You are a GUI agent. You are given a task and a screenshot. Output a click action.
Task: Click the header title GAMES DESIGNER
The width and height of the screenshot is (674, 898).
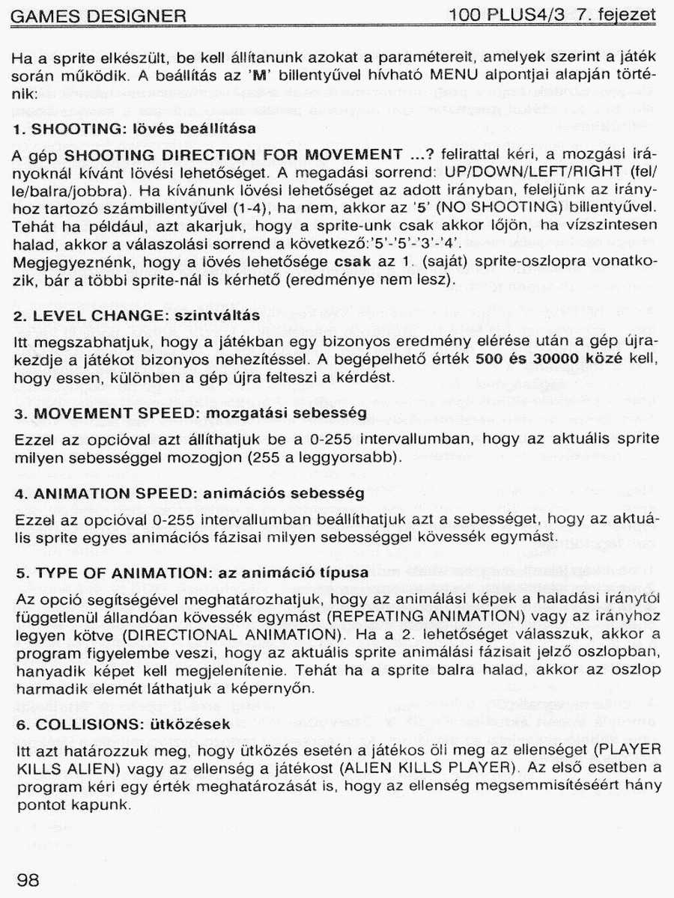tap(99, 16)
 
